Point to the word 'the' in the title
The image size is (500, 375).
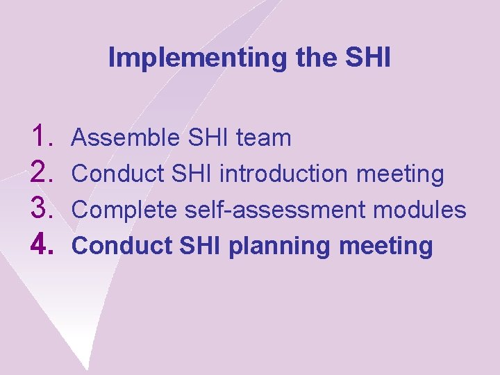coord(317,58)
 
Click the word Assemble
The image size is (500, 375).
coord(126,137)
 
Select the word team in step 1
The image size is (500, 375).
coord(263,137)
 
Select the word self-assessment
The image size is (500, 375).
coord(269,210)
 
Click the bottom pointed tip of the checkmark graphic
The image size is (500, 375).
coord(88,368)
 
